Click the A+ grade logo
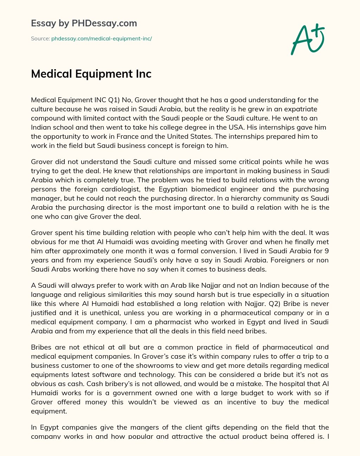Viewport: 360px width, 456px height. [307, 39]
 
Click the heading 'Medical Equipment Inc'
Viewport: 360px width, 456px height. [91, 74]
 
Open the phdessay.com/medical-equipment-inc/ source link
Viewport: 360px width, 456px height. [101, 39]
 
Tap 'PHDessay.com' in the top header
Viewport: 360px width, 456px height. [104, 23]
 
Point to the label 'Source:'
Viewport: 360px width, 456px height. [40, 39]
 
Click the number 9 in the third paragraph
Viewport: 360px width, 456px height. [327, 251]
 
